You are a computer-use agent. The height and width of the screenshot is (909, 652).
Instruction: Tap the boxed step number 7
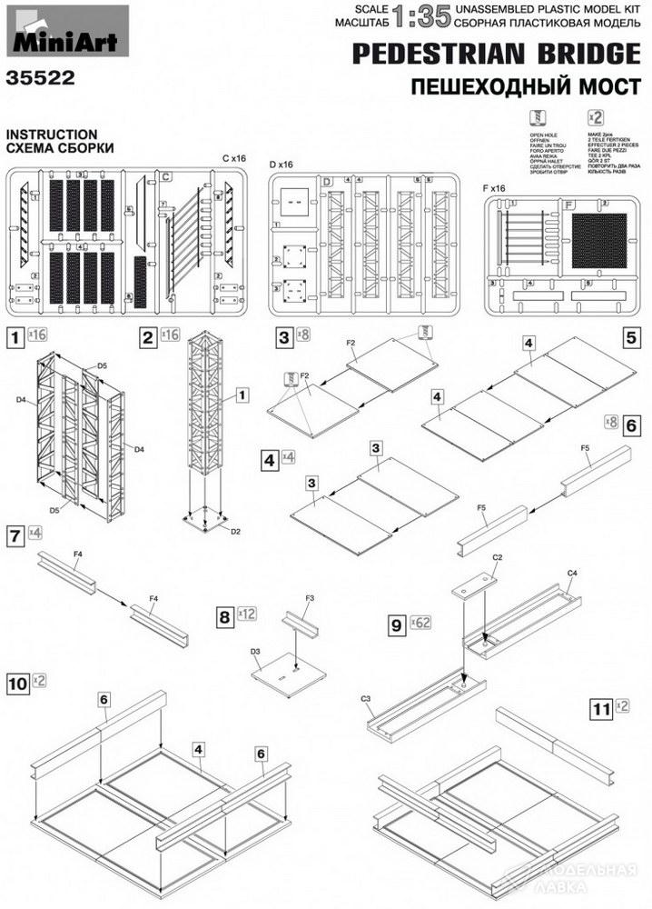[x=15, y=534]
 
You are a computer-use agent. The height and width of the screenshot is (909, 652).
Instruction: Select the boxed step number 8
[x=223, y=616]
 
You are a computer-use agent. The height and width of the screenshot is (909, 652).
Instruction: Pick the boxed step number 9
[x=395, y=624]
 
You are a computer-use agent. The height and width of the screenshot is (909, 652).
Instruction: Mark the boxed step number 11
[x=599, y=705]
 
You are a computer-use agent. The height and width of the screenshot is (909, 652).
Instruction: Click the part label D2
[x=235, y=530]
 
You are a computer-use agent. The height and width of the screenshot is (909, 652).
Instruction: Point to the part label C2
[x=498, y=556]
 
